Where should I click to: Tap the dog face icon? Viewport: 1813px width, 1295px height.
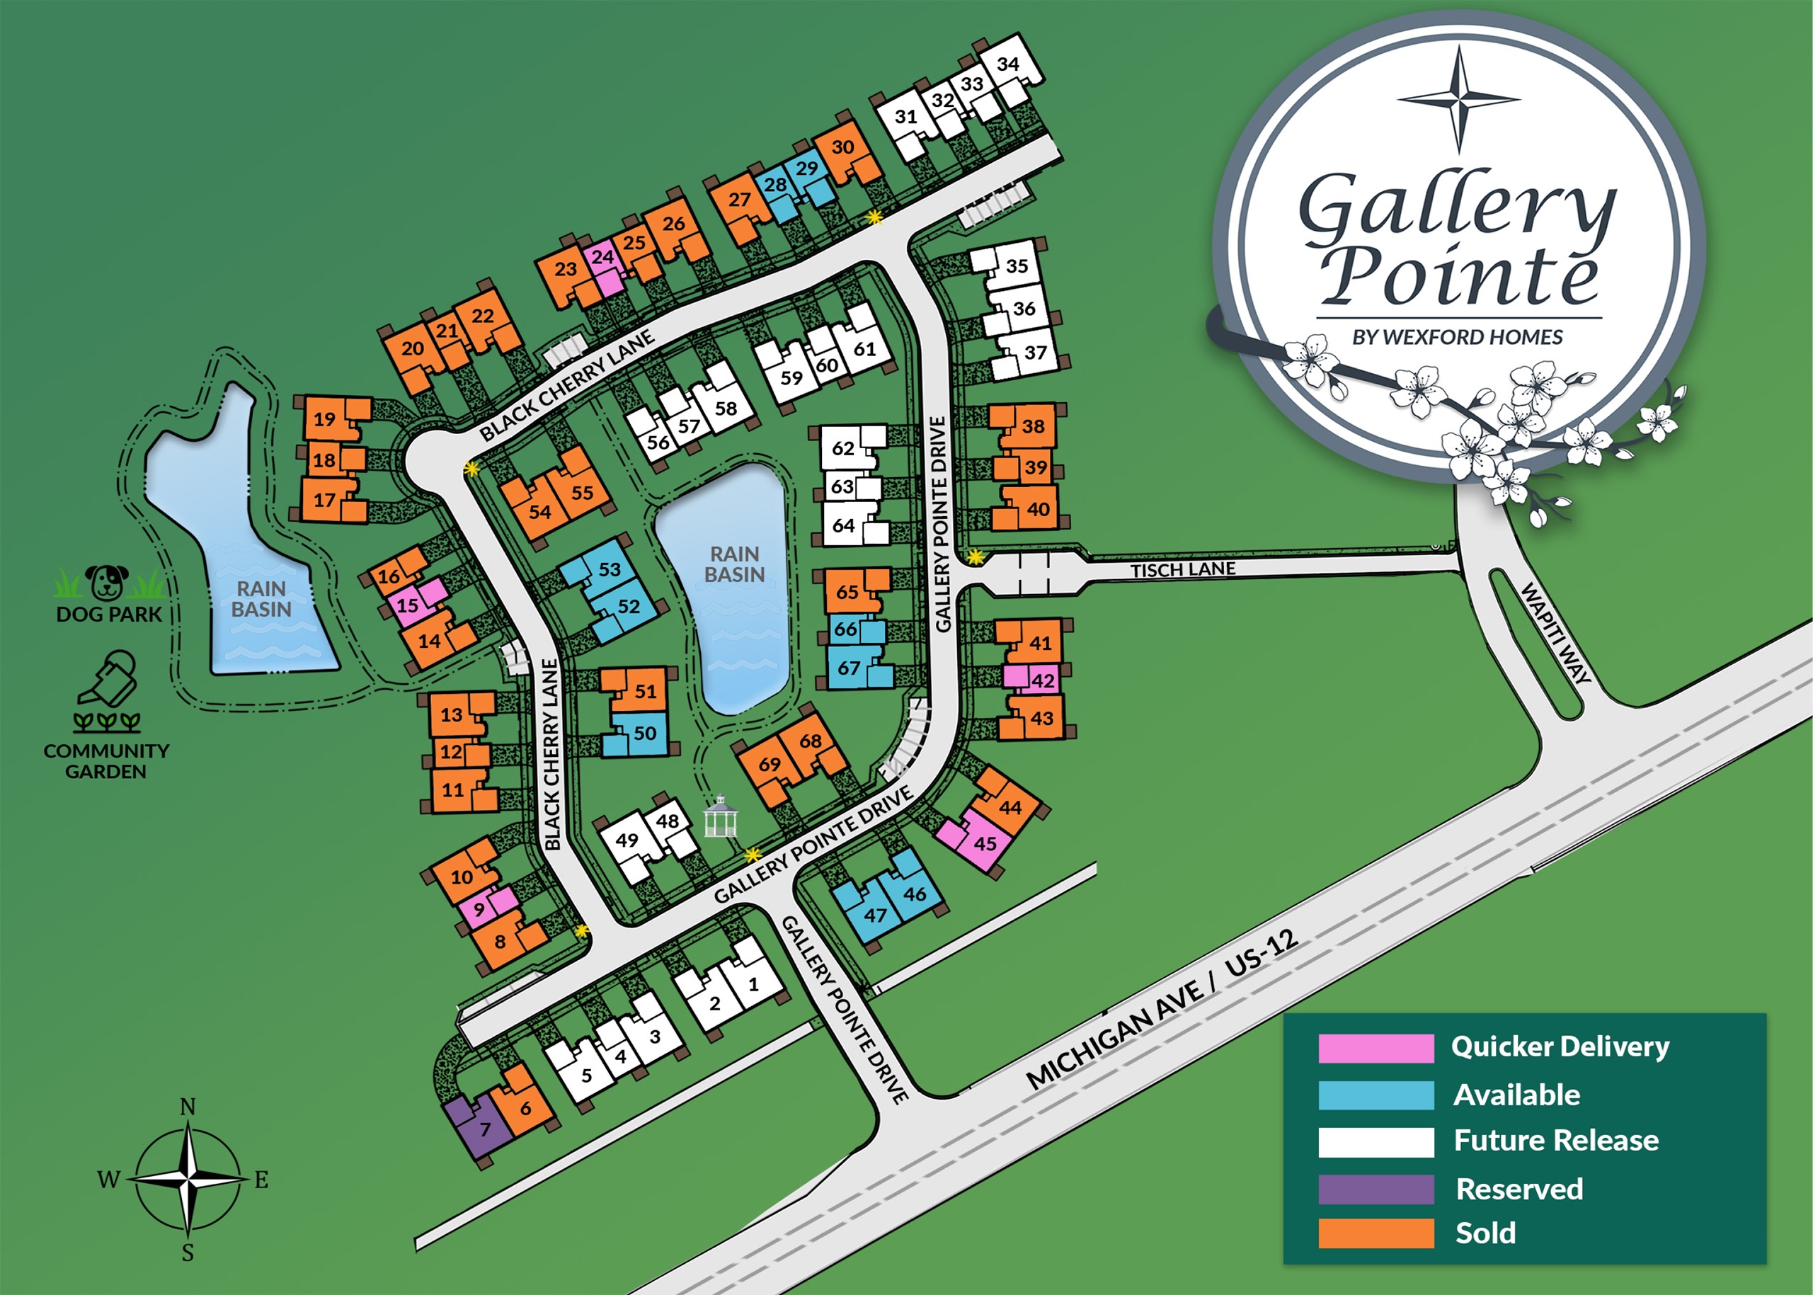(107, 581)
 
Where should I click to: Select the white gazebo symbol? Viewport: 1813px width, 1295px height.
(721, 816)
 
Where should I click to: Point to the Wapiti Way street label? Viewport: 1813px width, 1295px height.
(1556, 632)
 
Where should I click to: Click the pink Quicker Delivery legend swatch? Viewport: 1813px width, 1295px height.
(1376, 1048)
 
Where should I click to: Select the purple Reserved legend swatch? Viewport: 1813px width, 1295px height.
(1376, 1189)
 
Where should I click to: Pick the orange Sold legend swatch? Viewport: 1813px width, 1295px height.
(1376, 1233)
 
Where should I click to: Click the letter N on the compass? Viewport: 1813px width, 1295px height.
(188, 1107)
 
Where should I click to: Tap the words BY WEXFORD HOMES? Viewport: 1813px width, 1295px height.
(1458, 337)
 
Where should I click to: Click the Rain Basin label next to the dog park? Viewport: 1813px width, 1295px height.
(261, 599)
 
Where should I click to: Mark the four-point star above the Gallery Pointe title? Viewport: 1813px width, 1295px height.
(1459, 100)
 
